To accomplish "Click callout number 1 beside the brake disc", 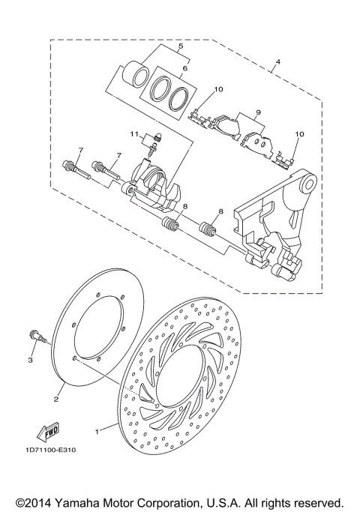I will [96, 431].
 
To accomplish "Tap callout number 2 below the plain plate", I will [56, 400].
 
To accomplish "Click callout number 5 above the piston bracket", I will [179, 46].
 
